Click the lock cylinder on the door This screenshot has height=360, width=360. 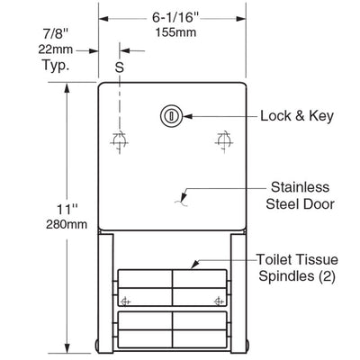171,116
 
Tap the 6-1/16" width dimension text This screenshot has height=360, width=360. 175,17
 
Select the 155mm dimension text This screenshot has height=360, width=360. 175,32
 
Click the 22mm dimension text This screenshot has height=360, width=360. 56,49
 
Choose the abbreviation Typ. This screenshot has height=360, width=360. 56,65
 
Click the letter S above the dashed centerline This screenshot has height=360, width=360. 120,67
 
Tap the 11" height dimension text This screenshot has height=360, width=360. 67,209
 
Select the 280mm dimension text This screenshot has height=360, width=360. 67,224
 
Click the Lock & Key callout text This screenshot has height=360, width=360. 297,116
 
